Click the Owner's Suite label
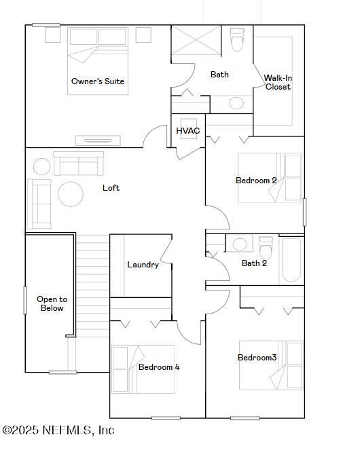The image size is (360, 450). (98, 81)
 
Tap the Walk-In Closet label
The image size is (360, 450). (278, 82)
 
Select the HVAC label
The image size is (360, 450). (187, 130)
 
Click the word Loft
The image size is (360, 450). (111, 187)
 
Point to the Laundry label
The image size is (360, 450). (143, 265)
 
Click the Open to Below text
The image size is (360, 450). (52, 303)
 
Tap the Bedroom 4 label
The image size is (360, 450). (159, 367)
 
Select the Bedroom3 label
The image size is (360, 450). (257, 358)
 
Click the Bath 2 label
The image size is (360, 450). (254, 263)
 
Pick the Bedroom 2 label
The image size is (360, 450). (256, 181)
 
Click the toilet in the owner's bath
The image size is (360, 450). (237, 41)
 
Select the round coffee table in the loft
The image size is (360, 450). (71, 194)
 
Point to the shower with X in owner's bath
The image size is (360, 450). (194, 41)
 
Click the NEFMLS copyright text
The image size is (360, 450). (58, 430)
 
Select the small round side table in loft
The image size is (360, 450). (42, 166)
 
